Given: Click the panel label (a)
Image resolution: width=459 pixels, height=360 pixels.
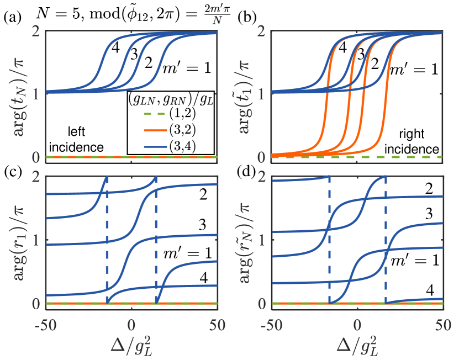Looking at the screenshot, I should (x=12, y=17).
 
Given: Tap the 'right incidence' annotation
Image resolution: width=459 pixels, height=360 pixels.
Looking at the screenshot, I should (x=418, y=143).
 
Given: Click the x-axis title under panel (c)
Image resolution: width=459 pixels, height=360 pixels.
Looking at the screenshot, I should (x=130, y=345).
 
